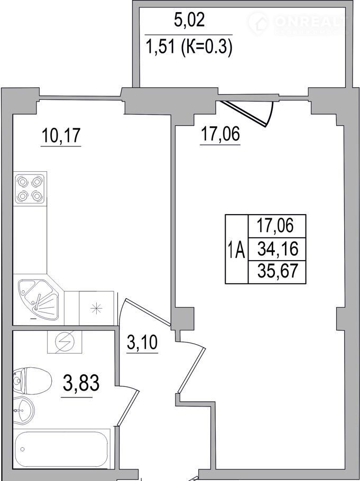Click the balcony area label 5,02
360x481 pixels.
coord(189,21)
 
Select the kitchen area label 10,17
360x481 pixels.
coord(61,136)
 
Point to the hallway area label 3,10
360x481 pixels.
coord(142,343)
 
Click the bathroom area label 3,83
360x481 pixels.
coord(81,383)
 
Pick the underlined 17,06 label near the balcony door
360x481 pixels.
coord(220,134)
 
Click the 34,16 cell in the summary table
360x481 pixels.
coord(278,249)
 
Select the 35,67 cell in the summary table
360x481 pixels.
coord(278,271)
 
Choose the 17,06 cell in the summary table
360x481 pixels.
coord(278,226)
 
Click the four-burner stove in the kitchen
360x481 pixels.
coord(30,189)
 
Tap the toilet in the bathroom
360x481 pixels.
coord(32,381)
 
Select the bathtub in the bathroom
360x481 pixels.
coord(61,450)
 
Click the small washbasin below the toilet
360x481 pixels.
coord(24,410)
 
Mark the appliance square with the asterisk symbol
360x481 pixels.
coord(96,308)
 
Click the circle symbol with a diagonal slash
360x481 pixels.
coord(64,342)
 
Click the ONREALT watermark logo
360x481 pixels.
coord(298,23)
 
